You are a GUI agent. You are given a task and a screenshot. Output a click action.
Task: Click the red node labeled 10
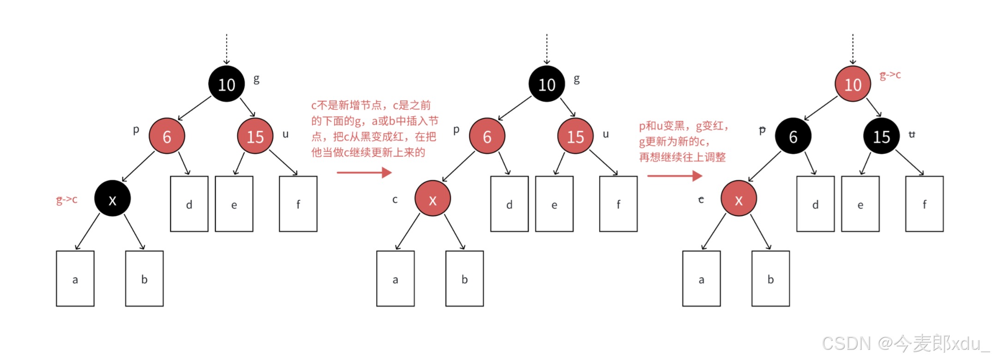pyautogui.click(x=852, y=84)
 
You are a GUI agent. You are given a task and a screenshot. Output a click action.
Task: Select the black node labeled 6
pyautogui.click(x=793, y=137)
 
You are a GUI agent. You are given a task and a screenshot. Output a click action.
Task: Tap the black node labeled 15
pyautogui.click(x=881, y=137)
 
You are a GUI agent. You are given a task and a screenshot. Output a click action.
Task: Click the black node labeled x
pyautogui.click(x=112, y=199)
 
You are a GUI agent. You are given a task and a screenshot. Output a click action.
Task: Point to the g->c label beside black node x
pyautogui.click(x=67, y=199)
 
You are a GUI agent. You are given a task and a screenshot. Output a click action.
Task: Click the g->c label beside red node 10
pyautogui.click(x=890, y=75)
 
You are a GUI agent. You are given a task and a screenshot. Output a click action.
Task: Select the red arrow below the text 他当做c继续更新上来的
pyautogui.click(x=364, y=173)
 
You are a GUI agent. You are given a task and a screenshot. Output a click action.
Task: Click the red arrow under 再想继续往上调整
pyautogui.click(x=674, y=176)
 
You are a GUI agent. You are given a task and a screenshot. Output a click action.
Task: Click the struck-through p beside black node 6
pyautogui.click(x=762, y=131)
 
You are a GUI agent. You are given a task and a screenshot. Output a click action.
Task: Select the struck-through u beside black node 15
pyautogui.click(x=912, y=134)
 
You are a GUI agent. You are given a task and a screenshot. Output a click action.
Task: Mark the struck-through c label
pyautogui.click(x=701, y=199)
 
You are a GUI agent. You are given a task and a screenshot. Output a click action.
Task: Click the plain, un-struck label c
pyautogui.click(x=395, y=199)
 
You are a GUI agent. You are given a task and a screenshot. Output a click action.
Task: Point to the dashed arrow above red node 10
pyautogui.click(x=853, y=48)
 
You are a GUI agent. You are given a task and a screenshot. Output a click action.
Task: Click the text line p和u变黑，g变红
pyautogui.click(x=683, y=126)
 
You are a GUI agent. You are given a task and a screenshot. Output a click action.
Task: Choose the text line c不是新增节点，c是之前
pyautogui.click(x=371, y=105)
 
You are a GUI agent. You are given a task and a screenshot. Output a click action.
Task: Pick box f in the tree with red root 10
pyautogui.click(x=924, y=204)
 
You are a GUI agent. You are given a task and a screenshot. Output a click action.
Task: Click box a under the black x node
pyautogui.click(x=75, y=278)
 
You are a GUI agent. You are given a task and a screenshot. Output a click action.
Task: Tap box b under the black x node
pyautogui.click(x=144, y=278)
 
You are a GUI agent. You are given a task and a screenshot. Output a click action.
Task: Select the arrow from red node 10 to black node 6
pyautogui.click(x=821, y=108)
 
